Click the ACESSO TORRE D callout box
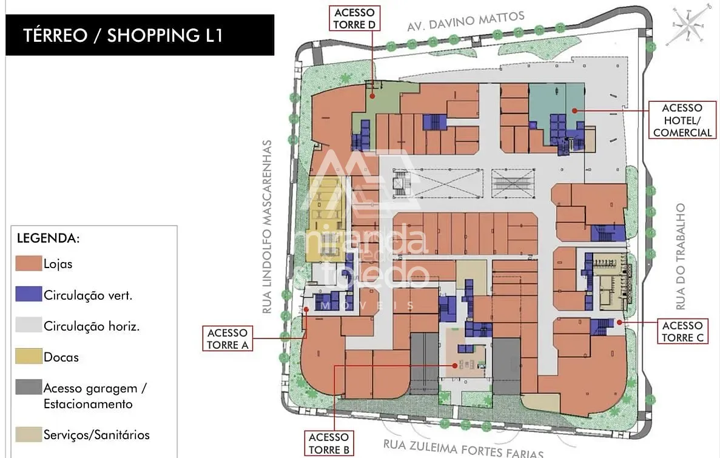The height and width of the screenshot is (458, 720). [x=354, y=18]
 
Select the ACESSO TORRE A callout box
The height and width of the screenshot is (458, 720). [x=227, y=338]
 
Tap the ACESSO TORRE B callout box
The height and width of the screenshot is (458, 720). [x=329, y=443]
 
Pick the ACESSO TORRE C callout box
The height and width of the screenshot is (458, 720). [x=682, y=332]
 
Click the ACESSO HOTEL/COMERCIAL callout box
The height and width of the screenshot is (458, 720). [x=682, y=120]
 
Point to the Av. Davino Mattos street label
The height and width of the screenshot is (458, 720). [x=466, y=22]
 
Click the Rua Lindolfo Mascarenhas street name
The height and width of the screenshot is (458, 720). [x=267, y=227]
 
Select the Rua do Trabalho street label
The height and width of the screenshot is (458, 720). [x=681, y=257]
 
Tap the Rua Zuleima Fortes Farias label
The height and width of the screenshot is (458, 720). [x=463, y=448]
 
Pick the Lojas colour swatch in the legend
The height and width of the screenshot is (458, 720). [x=29, y=263]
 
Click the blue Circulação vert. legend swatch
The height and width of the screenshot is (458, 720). [x=29, y=294]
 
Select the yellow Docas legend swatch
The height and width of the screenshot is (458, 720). [x=29, y=357]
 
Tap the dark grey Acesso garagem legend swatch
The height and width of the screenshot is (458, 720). [x=29, y=387]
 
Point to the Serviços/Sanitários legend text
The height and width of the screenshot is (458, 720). [x=96, y=434]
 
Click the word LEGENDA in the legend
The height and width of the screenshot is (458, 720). [x=48, y=238]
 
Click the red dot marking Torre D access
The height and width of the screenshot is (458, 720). [x=372, y=96]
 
